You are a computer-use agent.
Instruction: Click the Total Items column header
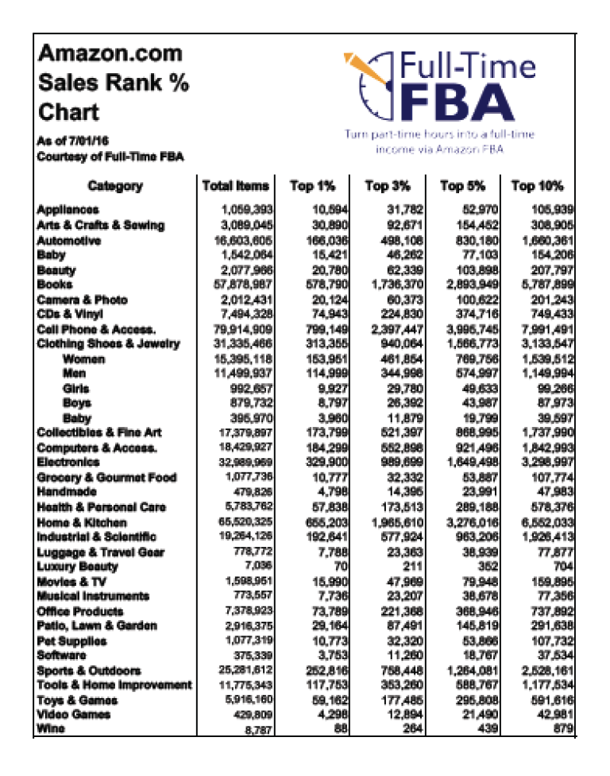236,186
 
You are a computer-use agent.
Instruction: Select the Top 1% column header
313,186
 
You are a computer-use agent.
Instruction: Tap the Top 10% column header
537,186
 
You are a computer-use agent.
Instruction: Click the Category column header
115,186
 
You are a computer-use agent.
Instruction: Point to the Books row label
55,284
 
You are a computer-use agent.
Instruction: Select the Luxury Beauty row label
77,567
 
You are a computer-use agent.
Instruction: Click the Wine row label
51,730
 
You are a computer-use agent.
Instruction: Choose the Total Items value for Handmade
253,492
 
